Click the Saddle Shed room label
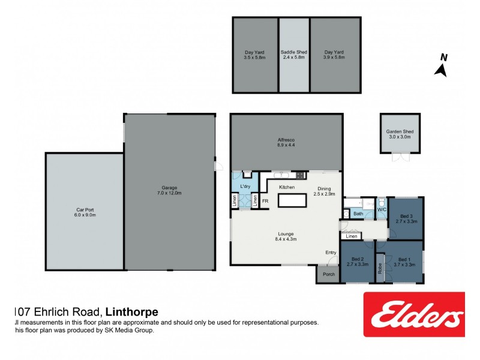point(294,55)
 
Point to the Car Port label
point(85,212)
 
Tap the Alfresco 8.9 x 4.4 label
point(286,142)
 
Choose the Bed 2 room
point(357,262)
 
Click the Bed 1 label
point(406,262)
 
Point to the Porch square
point(328,274)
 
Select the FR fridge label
point(265,202)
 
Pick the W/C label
point(382,210)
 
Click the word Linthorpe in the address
point(131,311)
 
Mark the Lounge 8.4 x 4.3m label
point(287,236)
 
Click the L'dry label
point(245,187)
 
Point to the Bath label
point(358,214)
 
